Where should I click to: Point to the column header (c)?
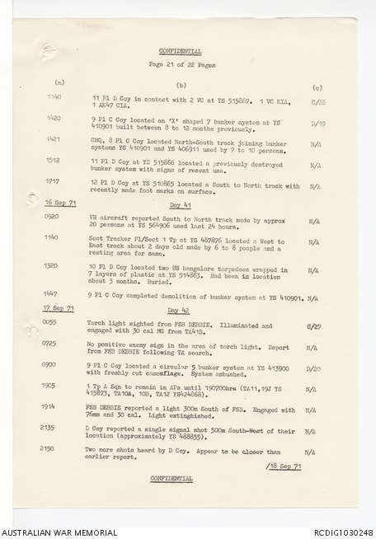(x=317, y=86)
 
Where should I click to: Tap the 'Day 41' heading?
(x=181, y=203)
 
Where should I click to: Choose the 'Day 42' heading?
(x=181, y=309)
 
